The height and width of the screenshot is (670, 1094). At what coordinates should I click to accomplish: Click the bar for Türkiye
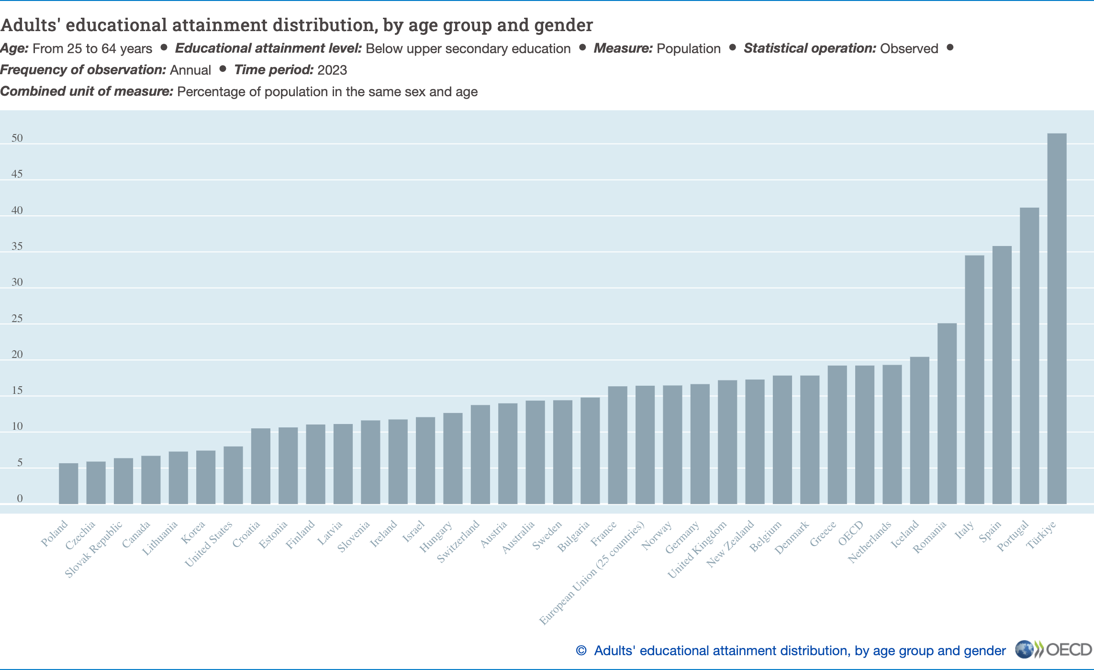pos(1057,318)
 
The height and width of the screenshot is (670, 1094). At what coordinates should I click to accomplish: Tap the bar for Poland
pos(68,483)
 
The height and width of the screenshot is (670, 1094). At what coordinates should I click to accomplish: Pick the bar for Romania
pos(947,413)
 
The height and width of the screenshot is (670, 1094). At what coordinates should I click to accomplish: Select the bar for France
pos(617,445)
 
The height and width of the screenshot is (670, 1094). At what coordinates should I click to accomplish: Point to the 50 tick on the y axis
pos(17,138)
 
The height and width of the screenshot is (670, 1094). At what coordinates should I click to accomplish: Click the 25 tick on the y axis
pos(17,319)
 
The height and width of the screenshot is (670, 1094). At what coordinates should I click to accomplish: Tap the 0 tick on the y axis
pos(20,499)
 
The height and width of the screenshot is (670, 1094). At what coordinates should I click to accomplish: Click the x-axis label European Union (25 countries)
pos(592,573)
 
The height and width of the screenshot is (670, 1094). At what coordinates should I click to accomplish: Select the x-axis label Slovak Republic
pos(94,549)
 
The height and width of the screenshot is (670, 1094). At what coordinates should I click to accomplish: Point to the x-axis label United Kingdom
pos(697,549)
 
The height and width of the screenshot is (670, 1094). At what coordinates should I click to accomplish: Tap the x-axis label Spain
pos(990,531)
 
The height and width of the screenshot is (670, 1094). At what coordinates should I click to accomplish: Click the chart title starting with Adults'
pos(297,25)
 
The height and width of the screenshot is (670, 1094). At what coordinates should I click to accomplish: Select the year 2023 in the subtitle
pos(332,70)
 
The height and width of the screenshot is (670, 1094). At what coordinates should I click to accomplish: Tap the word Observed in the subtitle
pos(909,48)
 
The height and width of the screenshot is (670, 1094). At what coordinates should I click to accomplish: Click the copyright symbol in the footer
pos(581,651)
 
